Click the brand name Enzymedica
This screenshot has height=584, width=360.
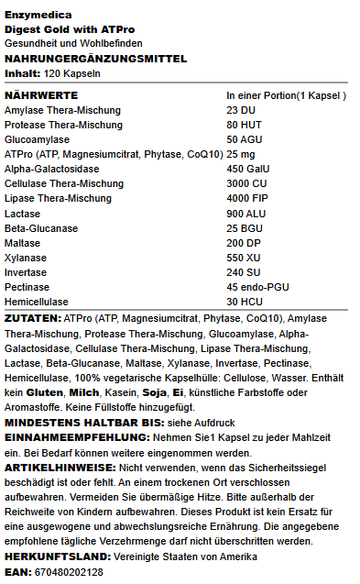click(x=37, y=16)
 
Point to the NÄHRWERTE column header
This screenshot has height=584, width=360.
click(x=42, y=95)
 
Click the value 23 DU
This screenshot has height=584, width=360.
click(x=242, y=110)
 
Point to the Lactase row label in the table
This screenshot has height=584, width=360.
click(x=24, y=213)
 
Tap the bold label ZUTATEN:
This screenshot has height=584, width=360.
click(x=34, y=318)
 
